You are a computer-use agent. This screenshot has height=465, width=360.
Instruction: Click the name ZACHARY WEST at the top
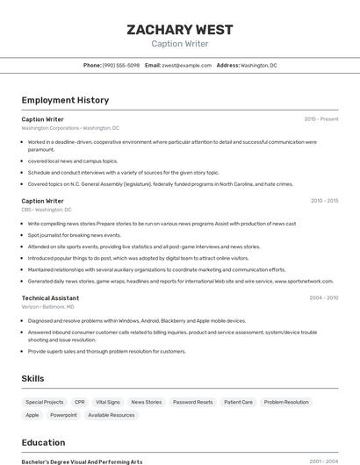pyautogui.click(x=180, y=30)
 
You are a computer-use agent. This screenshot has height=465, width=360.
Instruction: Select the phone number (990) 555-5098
pyautogui.click(x=120, y=65)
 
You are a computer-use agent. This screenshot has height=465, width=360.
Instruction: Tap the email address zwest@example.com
pyautogui.click(x=187, y=65)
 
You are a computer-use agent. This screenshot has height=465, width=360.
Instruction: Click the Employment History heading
pyautogui.click(x=65, y=100)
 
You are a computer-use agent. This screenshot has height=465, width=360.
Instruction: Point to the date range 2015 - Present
pyautogui.click(x=320, y=119)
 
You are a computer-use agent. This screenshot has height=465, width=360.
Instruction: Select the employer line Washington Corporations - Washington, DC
pyautogui.click(x=70, y=128)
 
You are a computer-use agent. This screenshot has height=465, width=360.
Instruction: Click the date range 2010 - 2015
pyautogui.click(x=324, y=201)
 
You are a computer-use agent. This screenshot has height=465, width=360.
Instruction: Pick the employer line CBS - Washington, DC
pyautogui.click(x=47, y=210)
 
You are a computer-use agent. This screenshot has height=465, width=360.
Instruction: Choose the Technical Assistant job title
pyautogui.click(x=50, y=298)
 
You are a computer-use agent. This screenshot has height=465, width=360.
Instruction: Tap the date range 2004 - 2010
pyautogui.click(x=323, y=298)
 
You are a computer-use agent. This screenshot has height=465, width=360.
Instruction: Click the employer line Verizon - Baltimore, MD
pyautogui.click(x=48, y=307)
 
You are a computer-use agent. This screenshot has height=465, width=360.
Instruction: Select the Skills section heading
pyautogui.click(x=33, y=378)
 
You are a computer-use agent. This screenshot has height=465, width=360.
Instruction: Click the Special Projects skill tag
pyautogui.click(x=45, y=402)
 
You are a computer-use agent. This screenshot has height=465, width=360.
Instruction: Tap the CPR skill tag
pyautogui.click(x=80, y=402)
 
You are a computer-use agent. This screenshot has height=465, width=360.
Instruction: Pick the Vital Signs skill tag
pyautogui.click(x=108, y=402)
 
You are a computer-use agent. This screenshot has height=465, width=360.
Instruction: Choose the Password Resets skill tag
pyautogui.click(x=192, y=402)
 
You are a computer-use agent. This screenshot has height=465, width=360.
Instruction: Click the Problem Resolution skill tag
pyautogui.click(x=286, y=402)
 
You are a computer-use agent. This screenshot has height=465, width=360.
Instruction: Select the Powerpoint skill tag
pyautogui.click(x=63, y=415)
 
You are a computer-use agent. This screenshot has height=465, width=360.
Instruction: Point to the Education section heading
pyautogui.click(x=43, y=442)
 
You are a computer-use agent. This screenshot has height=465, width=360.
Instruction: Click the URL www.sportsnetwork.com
pyautogui.click(x=304, y=282)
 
